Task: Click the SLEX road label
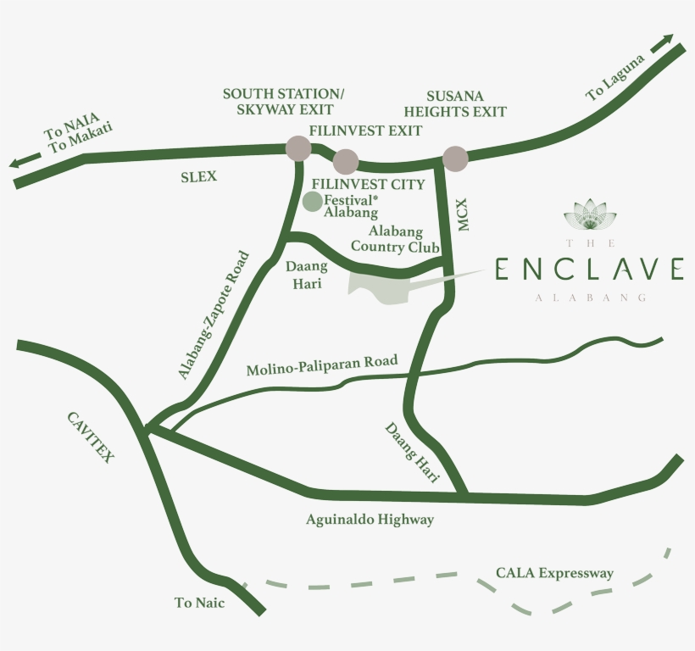pos(199,176)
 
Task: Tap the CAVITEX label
pos(90,436)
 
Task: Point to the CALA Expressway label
pos(554,574)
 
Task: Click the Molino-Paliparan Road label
pos(321,366)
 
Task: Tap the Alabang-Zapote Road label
pos(214,314)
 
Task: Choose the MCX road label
pos(463,216)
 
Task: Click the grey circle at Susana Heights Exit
pos(455,159)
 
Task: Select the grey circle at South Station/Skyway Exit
pos(298,148)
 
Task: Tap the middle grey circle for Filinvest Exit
pos(346,161)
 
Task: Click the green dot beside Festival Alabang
pos(312,202)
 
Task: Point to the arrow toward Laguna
pos(662,43)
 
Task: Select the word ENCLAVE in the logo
pos(590,269)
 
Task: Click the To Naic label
pos(199,603)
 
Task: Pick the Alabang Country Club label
pos(395,239)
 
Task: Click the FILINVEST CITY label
pos(368,184)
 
